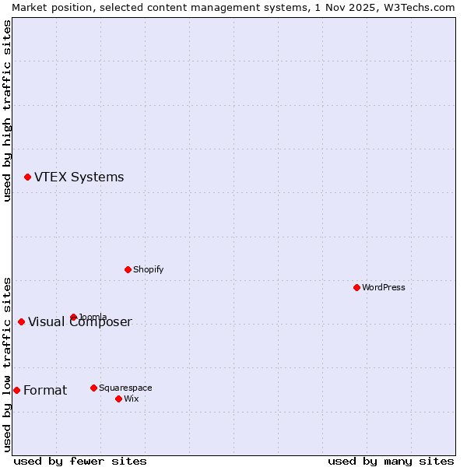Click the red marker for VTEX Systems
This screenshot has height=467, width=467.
[x=27, y=177]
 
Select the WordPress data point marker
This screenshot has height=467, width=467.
[x=356, y=287]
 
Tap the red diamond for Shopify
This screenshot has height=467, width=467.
[x=128, y=269]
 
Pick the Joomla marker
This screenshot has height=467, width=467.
[x=73, y=317]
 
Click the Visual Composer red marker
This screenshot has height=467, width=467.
[x=21, y=321]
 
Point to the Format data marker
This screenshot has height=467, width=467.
[x=16, y=390]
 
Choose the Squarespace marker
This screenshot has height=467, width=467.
[x=93, y=388]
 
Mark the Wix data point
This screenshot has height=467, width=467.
[x=118, y=399]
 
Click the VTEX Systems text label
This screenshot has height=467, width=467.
[x=79, y=177]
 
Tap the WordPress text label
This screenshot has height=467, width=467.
[x=383, y=287]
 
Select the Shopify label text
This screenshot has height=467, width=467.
[x=148, y=269]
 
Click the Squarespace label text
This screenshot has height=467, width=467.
[x=125, y=388]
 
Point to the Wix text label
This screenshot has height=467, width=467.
[x=131, y=399]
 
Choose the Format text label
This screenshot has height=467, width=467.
[x=45, y=390]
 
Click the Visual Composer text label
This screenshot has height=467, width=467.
[x=80, y=322]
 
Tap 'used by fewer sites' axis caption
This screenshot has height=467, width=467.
[x=80, y=461]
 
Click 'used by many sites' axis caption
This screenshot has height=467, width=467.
[x=391, y=461]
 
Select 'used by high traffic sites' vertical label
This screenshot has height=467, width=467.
[x=7, y=111]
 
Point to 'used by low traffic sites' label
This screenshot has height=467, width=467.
[x=7, y=364]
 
